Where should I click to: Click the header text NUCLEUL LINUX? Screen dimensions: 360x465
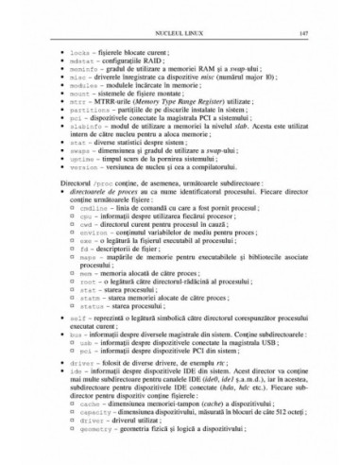pyautogui.click(x=180, y=33)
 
